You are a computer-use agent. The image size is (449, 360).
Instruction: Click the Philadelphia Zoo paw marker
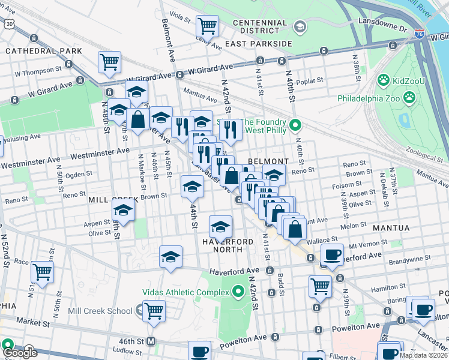click(x=409, y=97)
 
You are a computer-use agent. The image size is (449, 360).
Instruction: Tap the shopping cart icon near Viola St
click(x=207, y=26)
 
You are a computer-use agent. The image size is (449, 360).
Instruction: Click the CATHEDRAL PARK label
click(x=44, y=51)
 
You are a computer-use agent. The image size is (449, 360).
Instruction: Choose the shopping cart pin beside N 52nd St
click(x=42, y=272)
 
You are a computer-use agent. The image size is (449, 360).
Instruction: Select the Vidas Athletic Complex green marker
click(x=238, y=292)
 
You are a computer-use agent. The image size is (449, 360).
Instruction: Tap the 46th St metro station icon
click(x=152, y=340)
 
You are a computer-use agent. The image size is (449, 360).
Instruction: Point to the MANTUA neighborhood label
click(x=391, y=228)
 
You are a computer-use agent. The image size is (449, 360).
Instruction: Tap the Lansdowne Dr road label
click(x=382, y=20)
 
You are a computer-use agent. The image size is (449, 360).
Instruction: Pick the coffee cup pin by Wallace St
click(x=331, y=254)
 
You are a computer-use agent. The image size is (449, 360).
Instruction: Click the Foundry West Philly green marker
click(x=295, y=125)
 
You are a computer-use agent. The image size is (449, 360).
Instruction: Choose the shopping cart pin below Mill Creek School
click(x=154, y=311)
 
